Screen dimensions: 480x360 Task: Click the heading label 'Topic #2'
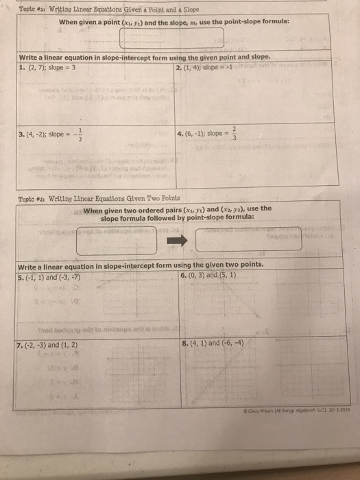pyautogui.click(x=30, y=197)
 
